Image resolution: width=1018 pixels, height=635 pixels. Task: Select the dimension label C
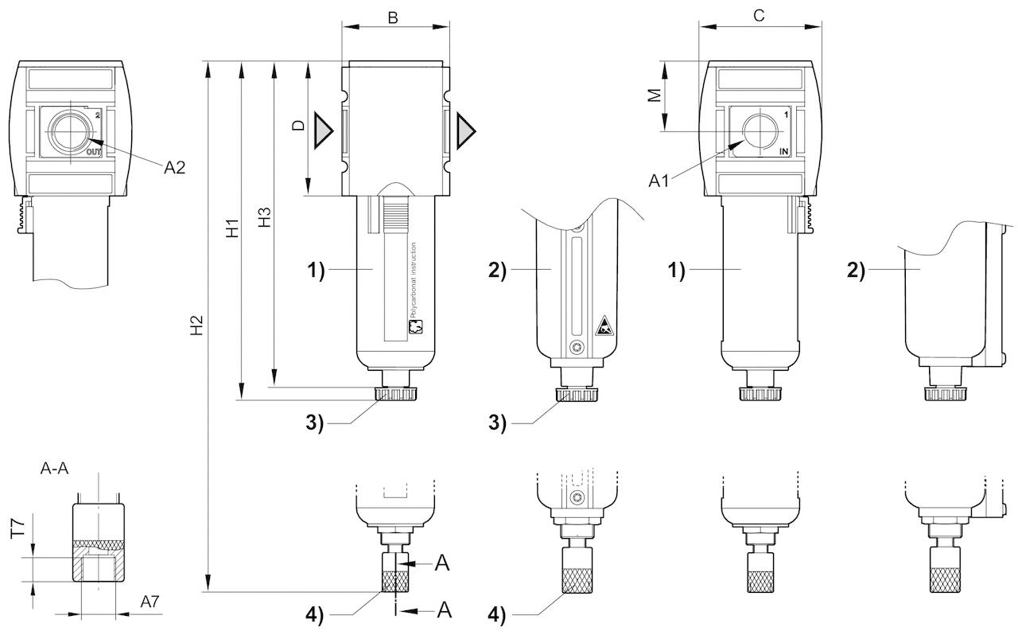pyautogui.click(x=760, y=17)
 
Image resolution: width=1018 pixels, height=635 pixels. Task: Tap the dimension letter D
pyautogui.click(x=297, y=126)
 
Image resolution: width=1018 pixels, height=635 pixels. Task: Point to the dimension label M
pyautogui.click(x=653, y=95)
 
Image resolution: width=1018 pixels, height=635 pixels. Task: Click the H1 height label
pyautogui.click(x=231, y=228)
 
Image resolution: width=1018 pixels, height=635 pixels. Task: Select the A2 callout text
pyautogui.click(x=175, y=168)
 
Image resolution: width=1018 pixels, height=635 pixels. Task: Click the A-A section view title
pyautogui.click(x=55, y=469)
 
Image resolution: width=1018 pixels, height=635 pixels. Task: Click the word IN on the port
pyautogui.click(x=783, y=151)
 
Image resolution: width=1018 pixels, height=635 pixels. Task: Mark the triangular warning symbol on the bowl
pyautogui.click(x=604, y=325)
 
